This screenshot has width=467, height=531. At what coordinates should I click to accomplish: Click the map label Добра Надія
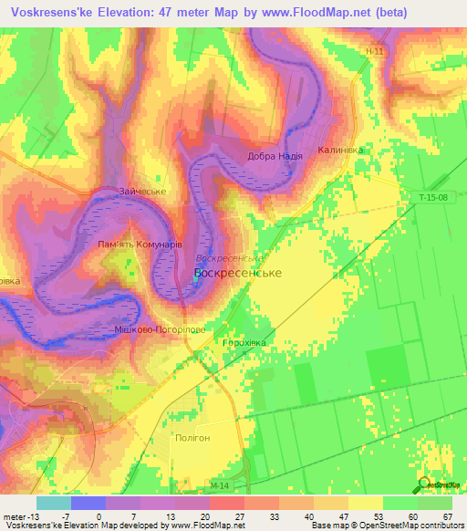(275, 156)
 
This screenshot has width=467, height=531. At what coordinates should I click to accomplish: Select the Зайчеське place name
(142, 192)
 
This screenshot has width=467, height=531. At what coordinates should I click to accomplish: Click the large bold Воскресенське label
(238, 273)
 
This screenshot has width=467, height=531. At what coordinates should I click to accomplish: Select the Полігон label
(192, 438)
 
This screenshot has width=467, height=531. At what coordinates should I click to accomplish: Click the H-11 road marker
(371, 52)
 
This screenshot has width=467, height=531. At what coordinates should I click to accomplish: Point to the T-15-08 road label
(434, 197)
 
